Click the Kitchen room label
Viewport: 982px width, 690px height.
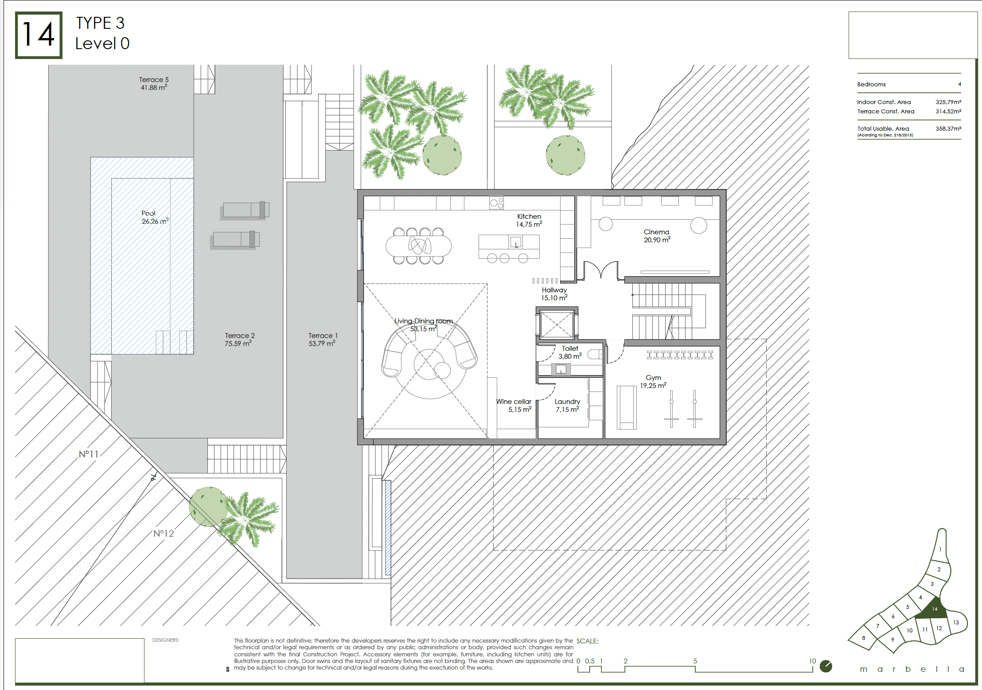(x=529, y=217)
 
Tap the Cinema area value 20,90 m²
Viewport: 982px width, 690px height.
(x=657, y=240)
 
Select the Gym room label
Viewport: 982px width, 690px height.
(x=653, y=378)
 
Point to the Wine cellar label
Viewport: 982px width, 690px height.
(x=514, y=402)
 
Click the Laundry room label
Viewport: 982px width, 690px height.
(x=567, y=402)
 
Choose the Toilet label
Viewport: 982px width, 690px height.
(x=570, y=349)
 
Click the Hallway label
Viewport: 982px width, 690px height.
(x=554, y=290)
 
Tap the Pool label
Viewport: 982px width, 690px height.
(x=148, y=213)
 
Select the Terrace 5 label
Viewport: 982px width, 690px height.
(x=154, y=80)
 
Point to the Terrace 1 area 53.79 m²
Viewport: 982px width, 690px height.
(x=322, y=344)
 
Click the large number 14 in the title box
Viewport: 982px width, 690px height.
(x=39, y=35)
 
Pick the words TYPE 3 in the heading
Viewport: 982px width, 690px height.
(x=100, y=23)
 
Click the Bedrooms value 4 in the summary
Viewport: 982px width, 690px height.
(x=959, y=84)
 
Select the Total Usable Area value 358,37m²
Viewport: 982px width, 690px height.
(x=948, y=129)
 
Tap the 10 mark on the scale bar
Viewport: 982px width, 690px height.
(x=812, y=661)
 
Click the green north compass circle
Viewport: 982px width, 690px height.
(x=826, y=666)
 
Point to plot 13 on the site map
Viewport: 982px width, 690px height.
(x=956, y=623)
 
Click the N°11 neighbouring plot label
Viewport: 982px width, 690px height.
(x=89, y=454)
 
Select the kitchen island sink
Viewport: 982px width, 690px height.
(x=515, y=242)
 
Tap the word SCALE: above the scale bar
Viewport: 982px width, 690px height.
(x=587, y=641)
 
